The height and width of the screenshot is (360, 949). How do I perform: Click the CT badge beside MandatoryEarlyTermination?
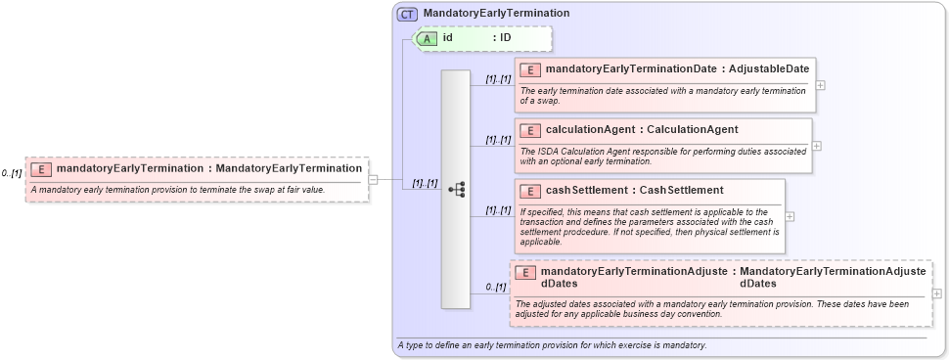tap(407, 14)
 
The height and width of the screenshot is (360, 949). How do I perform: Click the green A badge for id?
tap(429, 38)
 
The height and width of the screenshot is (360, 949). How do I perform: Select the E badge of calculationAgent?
tap(529, 130)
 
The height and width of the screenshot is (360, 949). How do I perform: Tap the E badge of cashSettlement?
tap(529, 190)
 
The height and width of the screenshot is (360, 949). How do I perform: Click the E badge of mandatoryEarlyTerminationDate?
tap(529, 69)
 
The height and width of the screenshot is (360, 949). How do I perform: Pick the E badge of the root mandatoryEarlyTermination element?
tap(41, 168)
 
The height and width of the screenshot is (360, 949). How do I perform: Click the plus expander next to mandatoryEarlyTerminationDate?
tap(820, 84)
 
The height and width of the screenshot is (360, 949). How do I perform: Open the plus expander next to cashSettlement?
tap(790, 216)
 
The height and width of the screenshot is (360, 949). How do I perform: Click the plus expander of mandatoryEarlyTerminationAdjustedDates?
tap(937, 294)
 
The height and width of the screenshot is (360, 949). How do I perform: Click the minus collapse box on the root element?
tap(373, 179)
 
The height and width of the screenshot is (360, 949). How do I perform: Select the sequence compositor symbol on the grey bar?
tap(456, 190)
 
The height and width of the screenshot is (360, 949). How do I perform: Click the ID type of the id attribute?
tap(506, 38)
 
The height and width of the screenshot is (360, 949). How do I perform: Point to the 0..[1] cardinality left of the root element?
tap(12, 173)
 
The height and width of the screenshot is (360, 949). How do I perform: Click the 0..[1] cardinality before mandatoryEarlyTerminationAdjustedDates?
tap(496, 287)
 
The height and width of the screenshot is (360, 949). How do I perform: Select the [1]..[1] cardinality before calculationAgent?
tap(498, 140)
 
